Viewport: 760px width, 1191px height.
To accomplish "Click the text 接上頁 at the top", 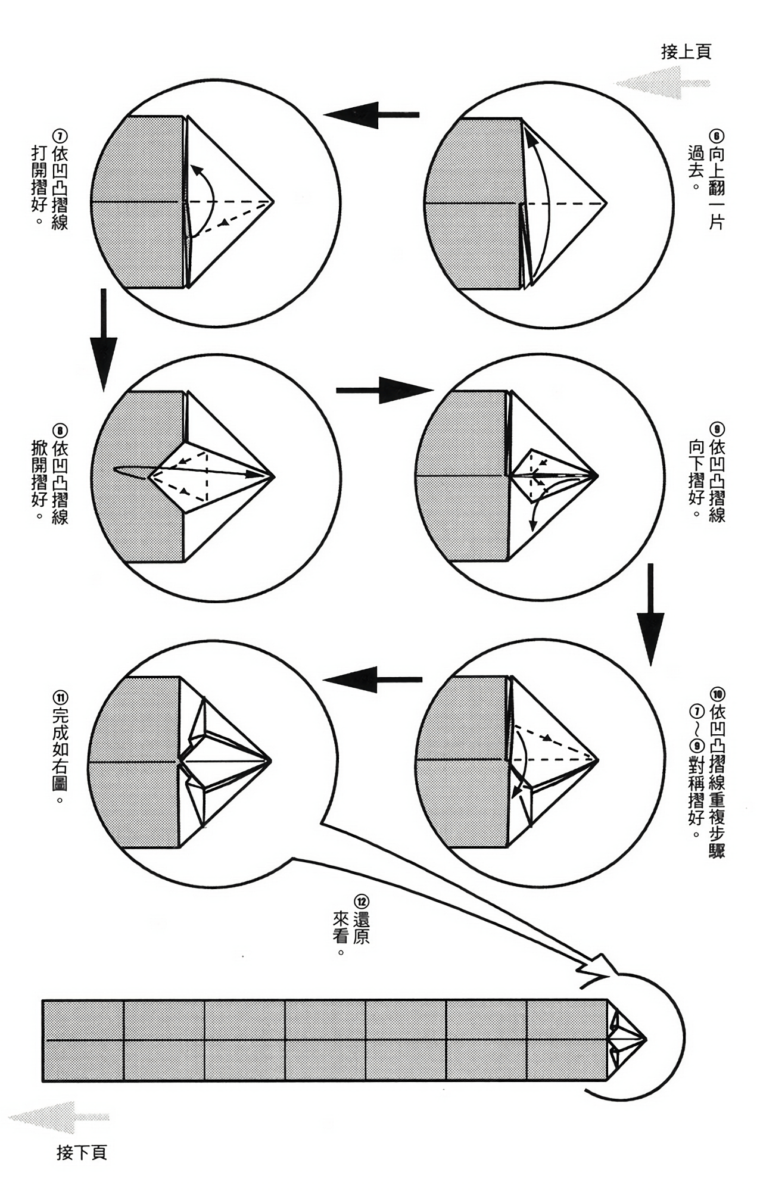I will coord(686,52).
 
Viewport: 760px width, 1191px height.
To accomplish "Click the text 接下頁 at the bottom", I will coord(82,1152).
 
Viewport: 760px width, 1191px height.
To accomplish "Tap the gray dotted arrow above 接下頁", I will coord(60,1117).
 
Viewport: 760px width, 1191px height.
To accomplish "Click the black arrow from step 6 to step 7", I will coord(372,114).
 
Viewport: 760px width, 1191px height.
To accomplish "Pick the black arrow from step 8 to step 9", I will coord(385,390).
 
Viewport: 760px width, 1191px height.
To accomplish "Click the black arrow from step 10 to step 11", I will coord(372,679).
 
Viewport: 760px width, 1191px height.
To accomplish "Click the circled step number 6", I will coord(717,135).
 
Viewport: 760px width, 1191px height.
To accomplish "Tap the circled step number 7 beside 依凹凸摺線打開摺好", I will coord(60,135).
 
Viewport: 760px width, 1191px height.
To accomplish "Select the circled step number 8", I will coord(60,429).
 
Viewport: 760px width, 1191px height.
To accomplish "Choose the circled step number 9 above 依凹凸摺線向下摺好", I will coord(717,429).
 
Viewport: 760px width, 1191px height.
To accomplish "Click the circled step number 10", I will coord(717,693).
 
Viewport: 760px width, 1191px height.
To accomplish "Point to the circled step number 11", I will coord(60,696).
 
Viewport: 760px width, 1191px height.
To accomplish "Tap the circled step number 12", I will coord(360,900).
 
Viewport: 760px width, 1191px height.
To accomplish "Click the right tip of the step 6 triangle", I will coord(606,203).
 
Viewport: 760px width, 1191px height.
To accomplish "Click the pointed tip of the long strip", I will coord(646,1039).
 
